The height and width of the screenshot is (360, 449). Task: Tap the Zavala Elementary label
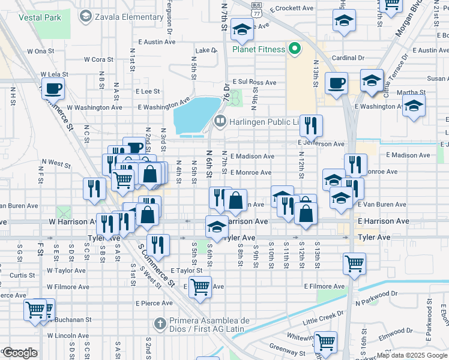[x=130, y=17]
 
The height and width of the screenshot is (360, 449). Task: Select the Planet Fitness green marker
[x=295, y=49]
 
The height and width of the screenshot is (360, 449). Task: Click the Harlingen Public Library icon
[x=220, y=122]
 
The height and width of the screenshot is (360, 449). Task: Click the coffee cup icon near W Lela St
[x=53, y=88]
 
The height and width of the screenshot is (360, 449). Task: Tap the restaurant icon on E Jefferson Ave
[x=311, y=125]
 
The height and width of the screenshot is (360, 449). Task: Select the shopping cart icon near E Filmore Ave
[x=199, y=286]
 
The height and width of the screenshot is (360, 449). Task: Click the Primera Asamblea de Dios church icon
[x=160, y=324]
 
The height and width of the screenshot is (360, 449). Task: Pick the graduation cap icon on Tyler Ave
[x=217, y=226]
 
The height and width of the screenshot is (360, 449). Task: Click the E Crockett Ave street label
[x=292, y=8]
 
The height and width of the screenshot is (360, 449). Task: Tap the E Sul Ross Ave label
[x=255, y=82]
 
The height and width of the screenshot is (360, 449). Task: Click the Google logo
[x=20, y=353]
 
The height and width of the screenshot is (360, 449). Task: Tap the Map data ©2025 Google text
[x=412, y=355]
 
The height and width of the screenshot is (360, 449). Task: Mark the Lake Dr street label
[x=205, y=50]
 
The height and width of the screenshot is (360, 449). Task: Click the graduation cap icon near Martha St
[x=414, y=106]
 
